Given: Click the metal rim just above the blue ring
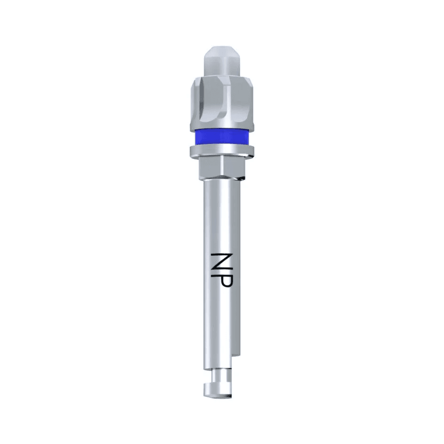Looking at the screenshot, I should point(222,127).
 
